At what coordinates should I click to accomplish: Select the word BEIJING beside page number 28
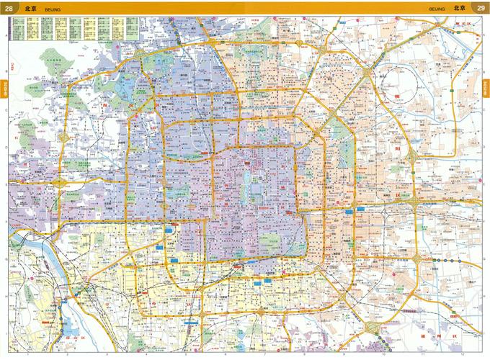click(x=53, y=9)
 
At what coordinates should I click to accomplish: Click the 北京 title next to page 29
click(x=460, y=8)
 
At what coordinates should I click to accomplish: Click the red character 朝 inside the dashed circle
click(x=396, y=96)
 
